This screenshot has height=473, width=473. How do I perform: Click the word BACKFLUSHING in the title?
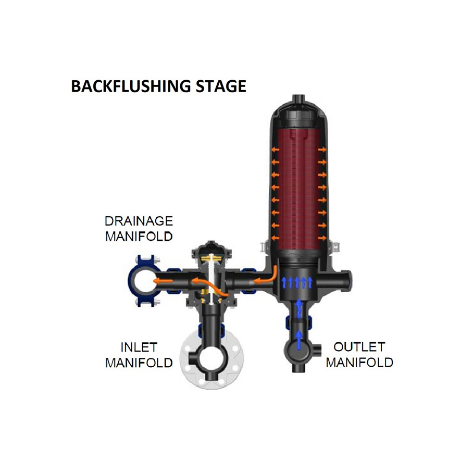tap(131, 86)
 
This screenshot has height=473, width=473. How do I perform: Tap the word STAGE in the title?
tap(221, 86)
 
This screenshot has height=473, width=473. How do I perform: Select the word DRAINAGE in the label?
tap(139, 221)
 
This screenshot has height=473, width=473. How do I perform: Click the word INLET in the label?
tap(139, 347)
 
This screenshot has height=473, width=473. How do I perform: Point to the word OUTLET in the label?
tap(359, 347)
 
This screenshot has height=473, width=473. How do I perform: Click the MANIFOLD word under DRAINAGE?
tap(139, 236)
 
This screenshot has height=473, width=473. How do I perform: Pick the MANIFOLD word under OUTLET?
tap(359, 362)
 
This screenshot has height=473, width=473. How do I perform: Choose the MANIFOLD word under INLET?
tap(139, 363)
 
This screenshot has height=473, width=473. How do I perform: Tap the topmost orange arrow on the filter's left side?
tap(275, 150)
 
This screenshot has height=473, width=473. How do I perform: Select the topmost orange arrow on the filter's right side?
tap(322, 150)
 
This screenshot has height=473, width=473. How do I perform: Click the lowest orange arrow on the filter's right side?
tap(322, 238)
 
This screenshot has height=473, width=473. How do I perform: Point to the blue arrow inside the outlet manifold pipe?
tap(298, 340)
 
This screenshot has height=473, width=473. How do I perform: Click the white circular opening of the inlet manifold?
tap(211, 359)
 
